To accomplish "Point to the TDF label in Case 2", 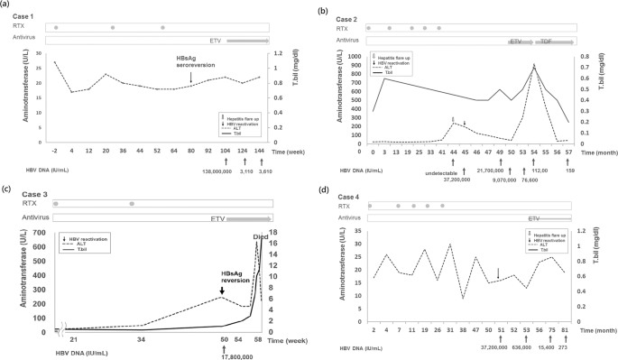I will (547, 42).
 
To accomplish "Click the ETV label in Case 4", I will (534, 217).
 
